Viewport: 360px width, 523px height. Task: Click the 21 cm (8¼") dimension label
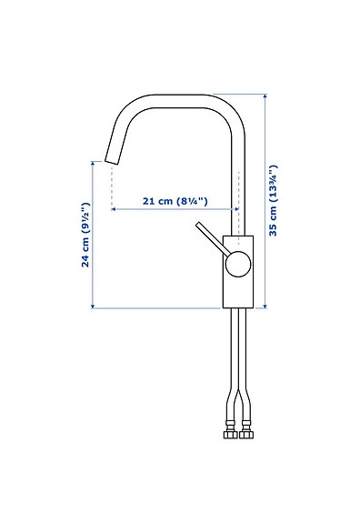coord(172,201)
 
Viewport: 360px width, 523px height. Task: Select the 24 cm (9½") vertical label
coord(85,235)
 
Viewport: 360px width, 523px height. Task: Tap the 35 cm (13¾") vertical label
coord(273,201)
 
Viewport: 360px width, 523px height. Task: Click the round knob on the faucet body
coord(236,264)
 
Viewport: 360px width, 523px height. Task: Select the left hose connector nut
coord(231,433)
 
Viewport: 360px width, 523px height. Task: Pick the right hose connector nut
coord(245,433)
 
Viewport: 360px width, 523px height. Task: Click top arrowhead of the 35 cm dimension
coord(265,96)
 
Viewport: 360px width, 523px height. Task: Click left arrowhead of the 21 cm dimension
coord(115,209)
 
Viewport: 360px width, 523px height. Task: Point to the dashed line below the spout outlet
coord(111,186)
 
